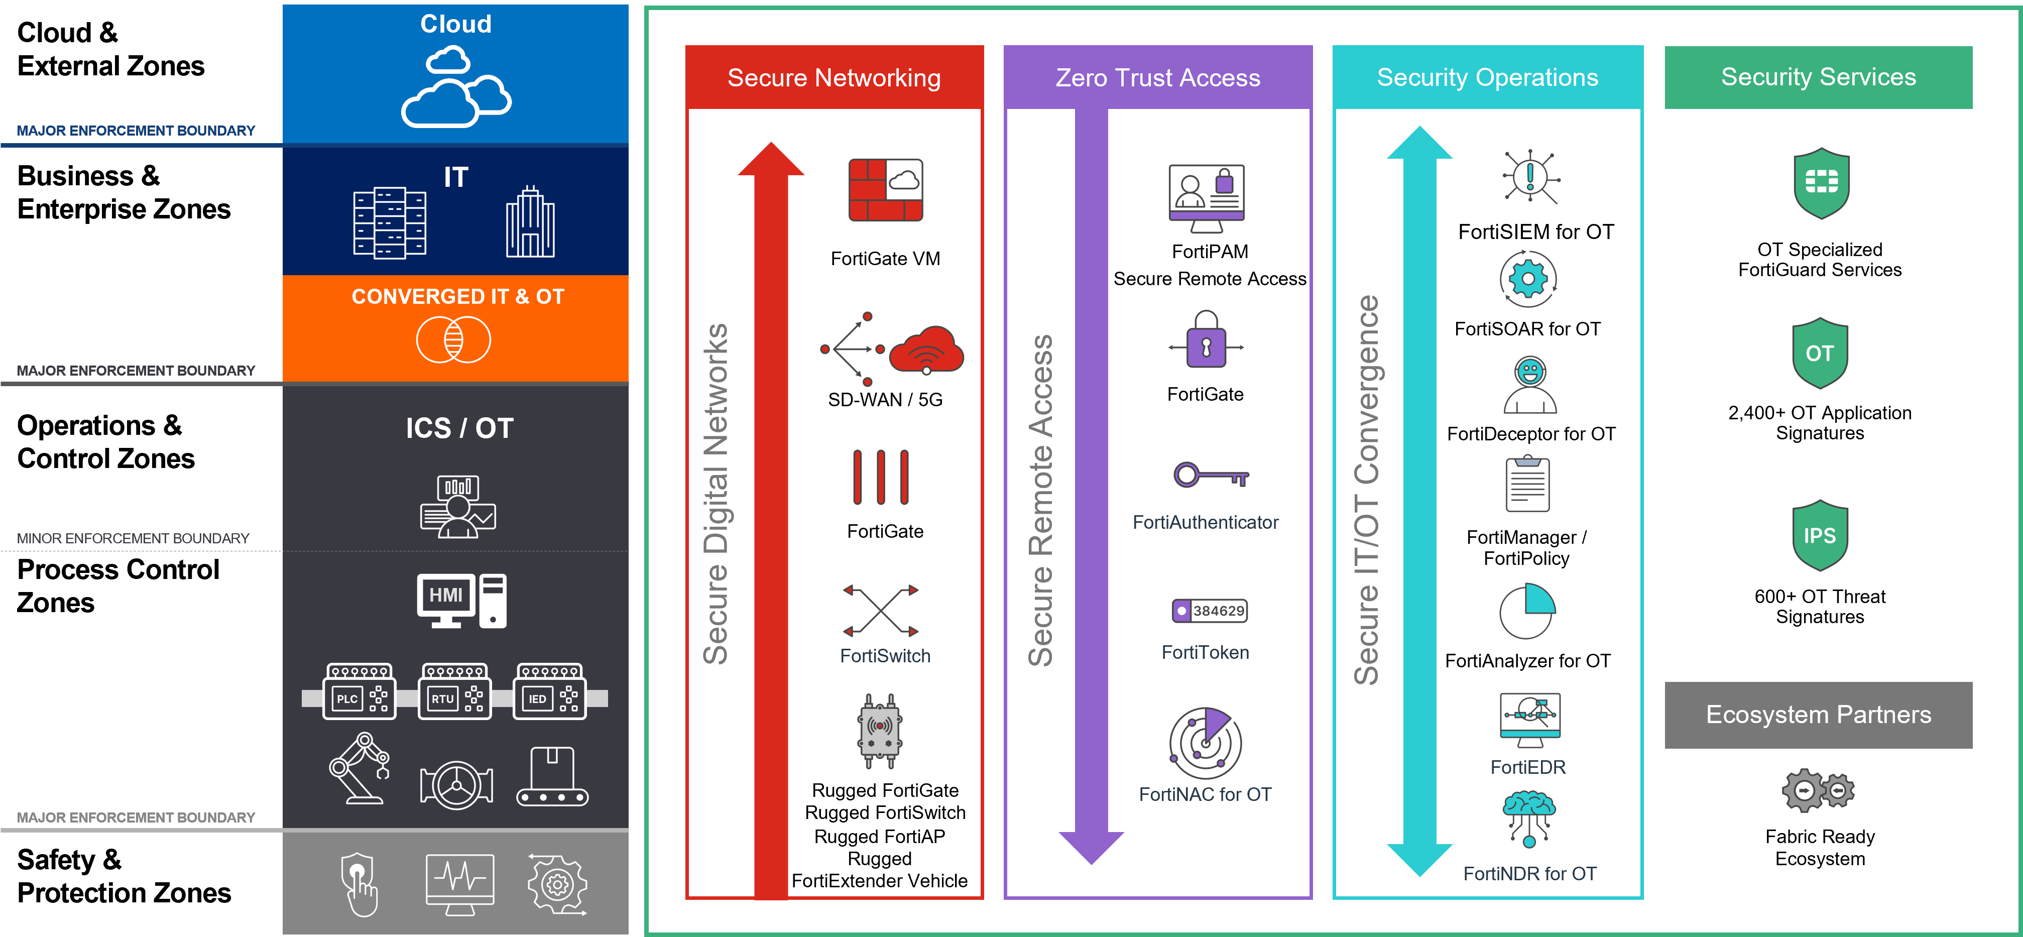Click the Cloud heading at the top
click(455, 24)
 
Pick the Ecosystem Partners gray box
click(1818, 715)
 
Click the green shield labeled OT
click(1820, 354)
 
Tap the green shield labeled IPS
click(1820, 536)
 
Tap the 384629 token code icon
click(1210, 610)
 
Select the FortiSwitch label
click(885, 656)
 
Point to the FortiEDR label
click(1527, 767)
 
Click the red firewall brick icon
click(885, 190)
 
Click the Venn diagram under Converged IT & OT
click(453, 339)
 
